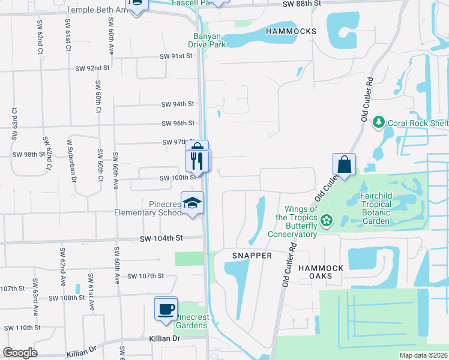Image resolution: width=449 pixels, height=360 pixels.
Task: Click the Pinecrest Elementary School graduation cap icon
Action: pyautogui.click(x=193, y=204)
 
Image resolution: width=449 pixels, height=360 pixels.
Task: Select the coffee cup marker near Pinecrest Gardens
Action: pyautogui.click(x=166, y=309)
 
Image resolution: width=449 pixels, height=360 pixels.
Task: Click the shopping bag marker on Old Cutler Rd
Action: pyautogui.click(x=345, y=165)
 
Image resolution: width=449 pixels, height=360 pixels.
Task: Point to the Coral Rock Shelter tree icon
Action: pyautogui.click(x=378, y=122)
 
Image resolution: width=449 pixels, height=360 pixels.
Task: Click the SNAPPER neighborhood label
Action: pyautogui.click(x=252, y=256)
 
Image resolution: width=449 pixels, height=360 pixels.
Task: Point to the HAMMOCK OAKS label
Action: pyautogui.click(x=321, y=272)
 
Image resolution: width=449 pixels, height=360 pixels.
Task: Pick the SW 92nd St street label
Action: pyautogui.click(x=92, y=68)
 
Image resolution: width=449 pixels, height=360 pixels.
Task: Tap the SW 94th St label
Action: pyautogui.click(x=178, y=104)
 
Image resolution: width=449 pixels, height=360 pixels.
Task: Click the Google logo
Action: pyautogui.click(x=20, y=353)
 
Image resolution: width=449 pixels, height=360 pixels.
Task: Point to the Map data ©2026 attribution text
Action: pyautogui.click(x=423, y=355)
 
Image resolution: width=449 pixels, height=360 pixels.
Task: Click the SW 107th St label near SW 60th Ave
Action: pyautogui.click(x=146, y=276)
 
